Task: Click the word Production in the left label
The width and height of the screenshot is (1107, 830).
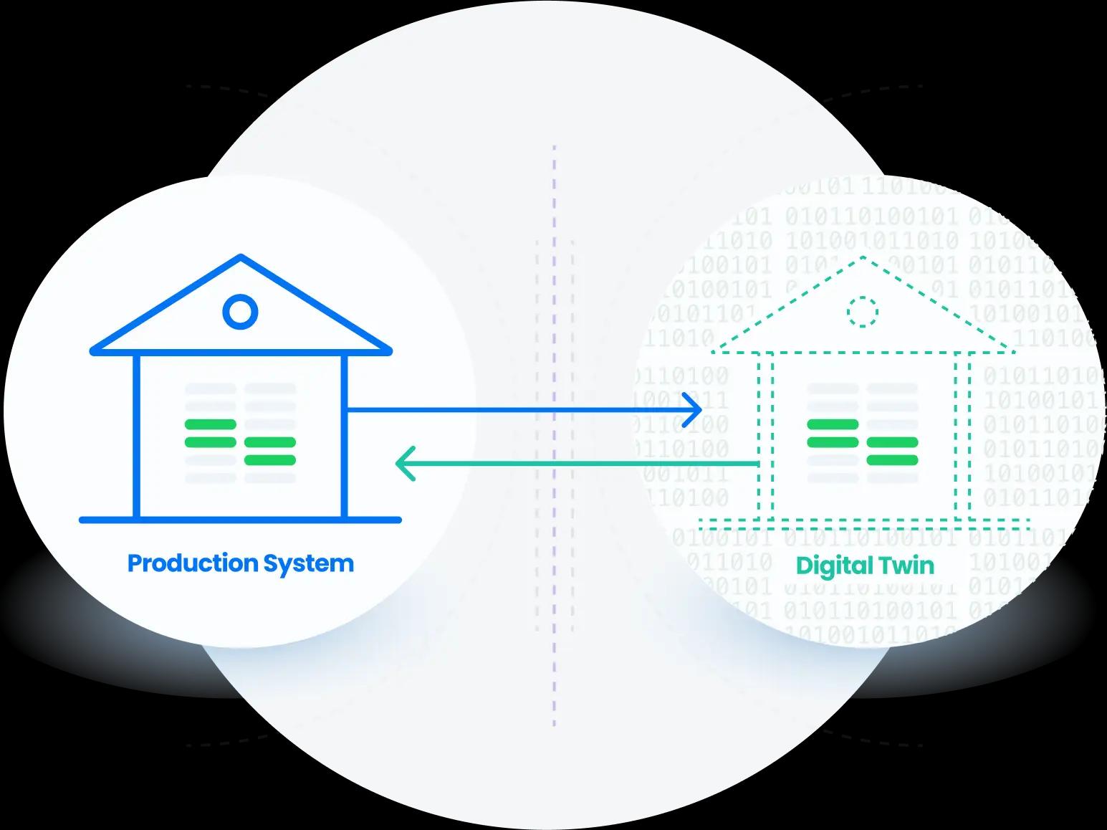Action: tap(193, 563)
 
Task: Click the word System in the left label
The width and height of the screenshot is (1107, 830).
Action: tap(308, 563)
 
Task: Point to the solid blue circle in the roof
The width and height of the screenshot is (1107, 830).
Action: tap(240, 312)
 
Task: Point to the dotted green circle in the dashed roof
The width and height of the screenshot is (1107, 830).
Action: tap(862, 312)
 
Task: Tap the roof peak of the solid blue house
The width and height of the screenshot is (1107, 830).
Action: tap(241, 257)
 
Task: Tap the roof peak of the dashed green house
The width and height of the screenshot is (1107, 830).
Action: tap(863, 257)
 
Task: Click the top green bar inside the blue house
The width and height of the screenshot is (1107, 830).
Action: tap(211, 424)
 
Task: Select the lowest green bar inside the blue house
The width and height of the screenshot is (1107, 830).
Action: tap(270, 459)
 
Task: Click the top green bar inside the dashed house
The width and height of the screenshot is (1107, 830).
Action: tap(833, 424)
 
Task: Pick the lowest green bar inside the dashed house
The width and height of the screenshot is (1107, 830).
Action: tap(892, 459)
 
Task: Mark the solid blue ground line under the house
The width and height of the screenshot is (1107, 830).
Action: tap(240, 520)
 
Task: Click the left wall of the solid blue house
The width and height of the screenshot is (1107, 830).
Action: tap(136, 437)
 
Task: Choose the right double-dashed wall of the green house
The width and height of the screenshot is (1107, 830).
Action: tap(962, 437)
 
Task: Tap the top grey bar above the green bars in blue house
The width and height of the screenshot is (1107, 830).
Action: tap(211, 388)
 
